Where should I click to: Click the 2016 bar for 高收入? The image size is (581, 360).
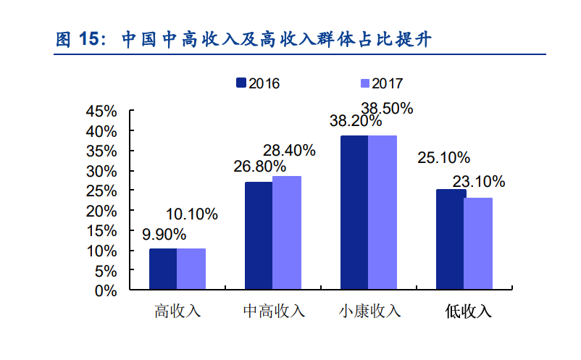[163, 269]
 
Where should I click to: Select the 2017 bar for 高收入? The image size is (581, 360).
[191, 269]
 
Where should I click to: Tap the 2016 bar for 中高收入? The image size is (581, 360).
[259, 236]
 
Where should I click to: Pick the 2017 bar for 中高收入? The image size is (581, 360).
[287, 233]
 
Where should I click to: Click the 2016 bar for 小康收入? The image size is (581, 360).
[354, 213]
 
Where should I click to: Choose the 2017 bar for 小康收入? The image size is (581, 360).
[383, 213]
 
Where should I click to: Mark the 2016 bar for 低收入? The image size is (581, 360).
[450, 240]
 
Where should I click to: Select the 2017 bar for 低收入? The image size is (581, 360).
[478, 244]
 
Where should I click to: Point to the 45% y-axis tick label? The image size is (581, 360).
[101, 112]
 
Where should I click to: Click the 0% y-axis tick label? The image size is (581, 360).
[106, 290]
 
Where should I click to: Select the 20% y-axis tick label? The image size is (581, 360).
[101, 211]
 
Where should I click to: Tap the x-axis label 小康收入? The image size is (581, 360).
[369, 311]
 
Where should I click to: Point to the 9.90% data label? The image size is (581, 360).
[164, 235]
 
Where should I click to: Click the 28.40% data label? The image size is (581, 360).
[289, 151]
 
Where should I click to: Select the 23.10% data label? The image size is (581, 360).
[479, 181]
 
